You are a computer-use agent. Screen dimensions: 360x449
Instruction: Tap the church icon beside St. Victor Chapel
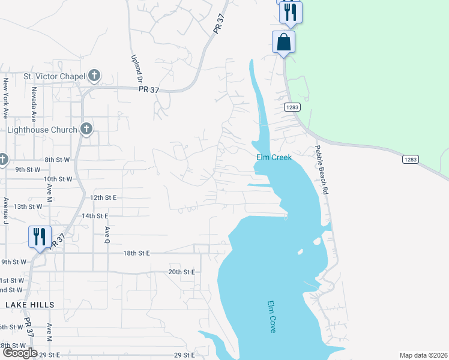click(x=94, y=76)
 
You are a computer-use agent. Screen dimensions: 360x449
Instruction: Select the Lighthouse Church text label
click(x=42, y=130)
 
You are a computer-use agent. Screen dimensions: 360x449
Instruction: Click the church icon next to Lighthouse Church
click(x=86, y=129)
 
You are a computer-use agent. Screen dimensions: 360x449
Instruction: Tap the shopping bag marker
click(x=283, y=43)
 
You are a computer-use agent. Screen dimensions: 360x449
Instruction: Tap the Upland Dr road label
click(x=136, y=69)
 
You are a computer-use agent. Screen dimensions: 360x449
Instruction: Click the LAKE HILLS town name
click(x=30, y=305)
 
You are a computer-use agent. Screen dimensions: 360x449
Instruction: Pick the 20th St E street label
click(x=182, y=272)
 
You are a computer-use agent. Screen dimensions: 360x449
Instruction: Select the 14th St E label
click(x=95, y=215)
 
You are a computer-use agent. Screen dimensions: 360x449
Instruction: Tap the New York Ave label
click(x=6, y=97)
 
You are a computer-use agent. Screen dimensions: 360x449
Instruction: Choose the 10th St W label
click(x=58, y=179)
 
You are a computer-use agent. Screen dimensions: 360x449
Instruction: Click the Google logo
click(x=19, y=353)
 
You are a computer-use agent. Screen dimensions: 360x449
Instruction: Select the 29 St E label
click(x=185, y=355)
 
